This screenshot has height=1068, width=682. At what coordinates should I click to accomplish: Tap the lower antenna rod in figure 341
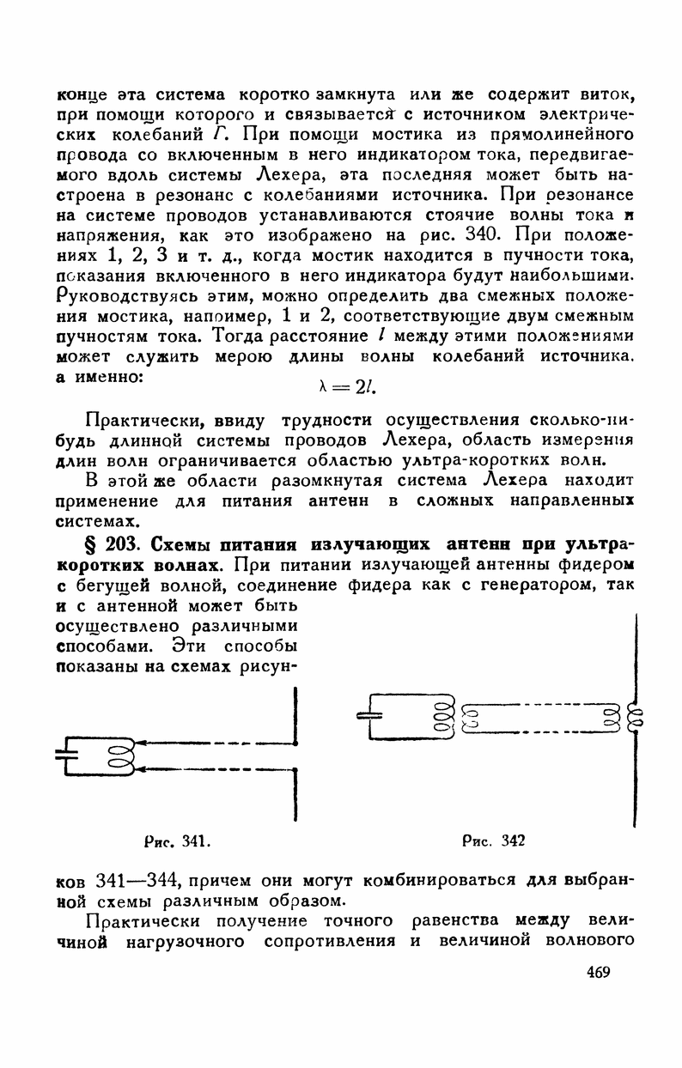tap(294, 794)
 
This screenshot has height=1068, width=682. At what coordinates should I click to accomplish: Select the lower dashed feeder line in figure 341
tap(210, 768)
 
